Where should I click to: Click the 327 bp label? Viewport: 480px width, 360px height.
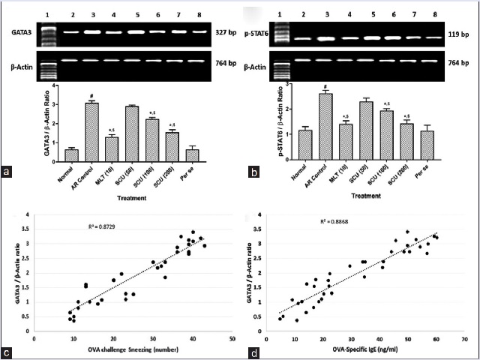tap(215, 33)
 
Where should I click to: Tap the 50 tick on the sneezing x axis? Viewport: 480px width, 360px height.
tap(232, 338)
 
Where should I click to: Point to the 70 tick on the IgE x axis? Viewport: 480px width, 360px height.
tap(466, 338)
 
